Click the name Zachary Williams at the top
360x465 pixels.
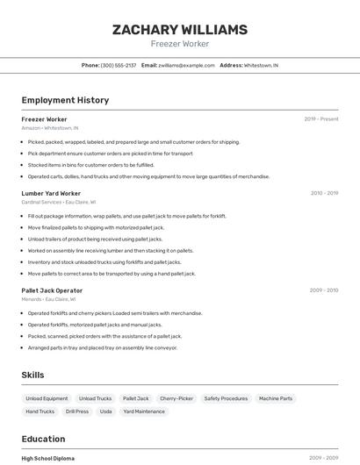(180, 30)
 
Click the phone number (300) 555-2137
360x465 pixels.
(119, 66)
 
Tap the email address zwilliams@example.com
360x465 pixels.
(186, 66)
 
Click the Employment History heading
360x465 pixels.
(65, 100)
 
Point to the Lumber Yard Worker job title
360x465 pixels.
(51, 193)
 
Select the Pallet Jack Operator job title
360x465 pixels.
(52, 290)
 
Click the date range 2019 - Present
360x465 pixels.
(321, 119)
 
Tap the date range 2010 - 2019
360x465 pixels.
(324, 193)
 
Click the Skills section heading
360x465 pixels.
(32, 375)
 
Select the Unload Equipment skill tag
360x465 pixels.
(47, 398)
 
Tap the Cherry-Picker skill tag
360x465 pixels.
(176, 398)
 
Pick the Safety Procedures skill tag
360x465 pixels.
(226, 398)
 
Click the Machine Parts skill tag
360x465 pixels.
(276, 398)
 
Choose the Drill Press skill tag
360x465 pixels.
(77, 411)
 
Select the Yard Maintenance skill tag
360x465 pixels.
(144, 411)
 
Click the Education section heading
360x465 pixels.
(43, 439)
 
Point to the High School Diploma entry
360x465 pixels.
(48, 458)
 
